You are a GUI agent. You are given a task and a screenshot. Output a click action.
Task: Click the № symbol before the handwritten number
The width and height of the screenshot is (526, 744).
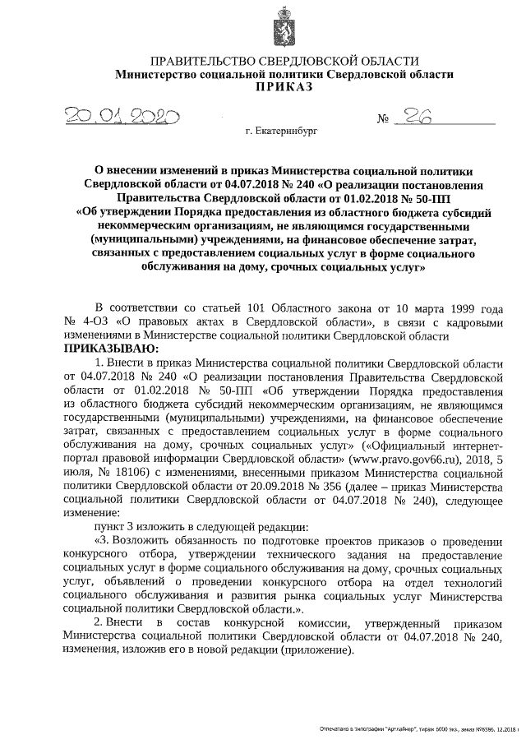(382, 120)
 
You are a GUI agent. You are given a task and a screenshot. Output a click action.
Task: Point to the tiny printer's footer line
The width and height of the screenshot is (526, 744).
(419, 729)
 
